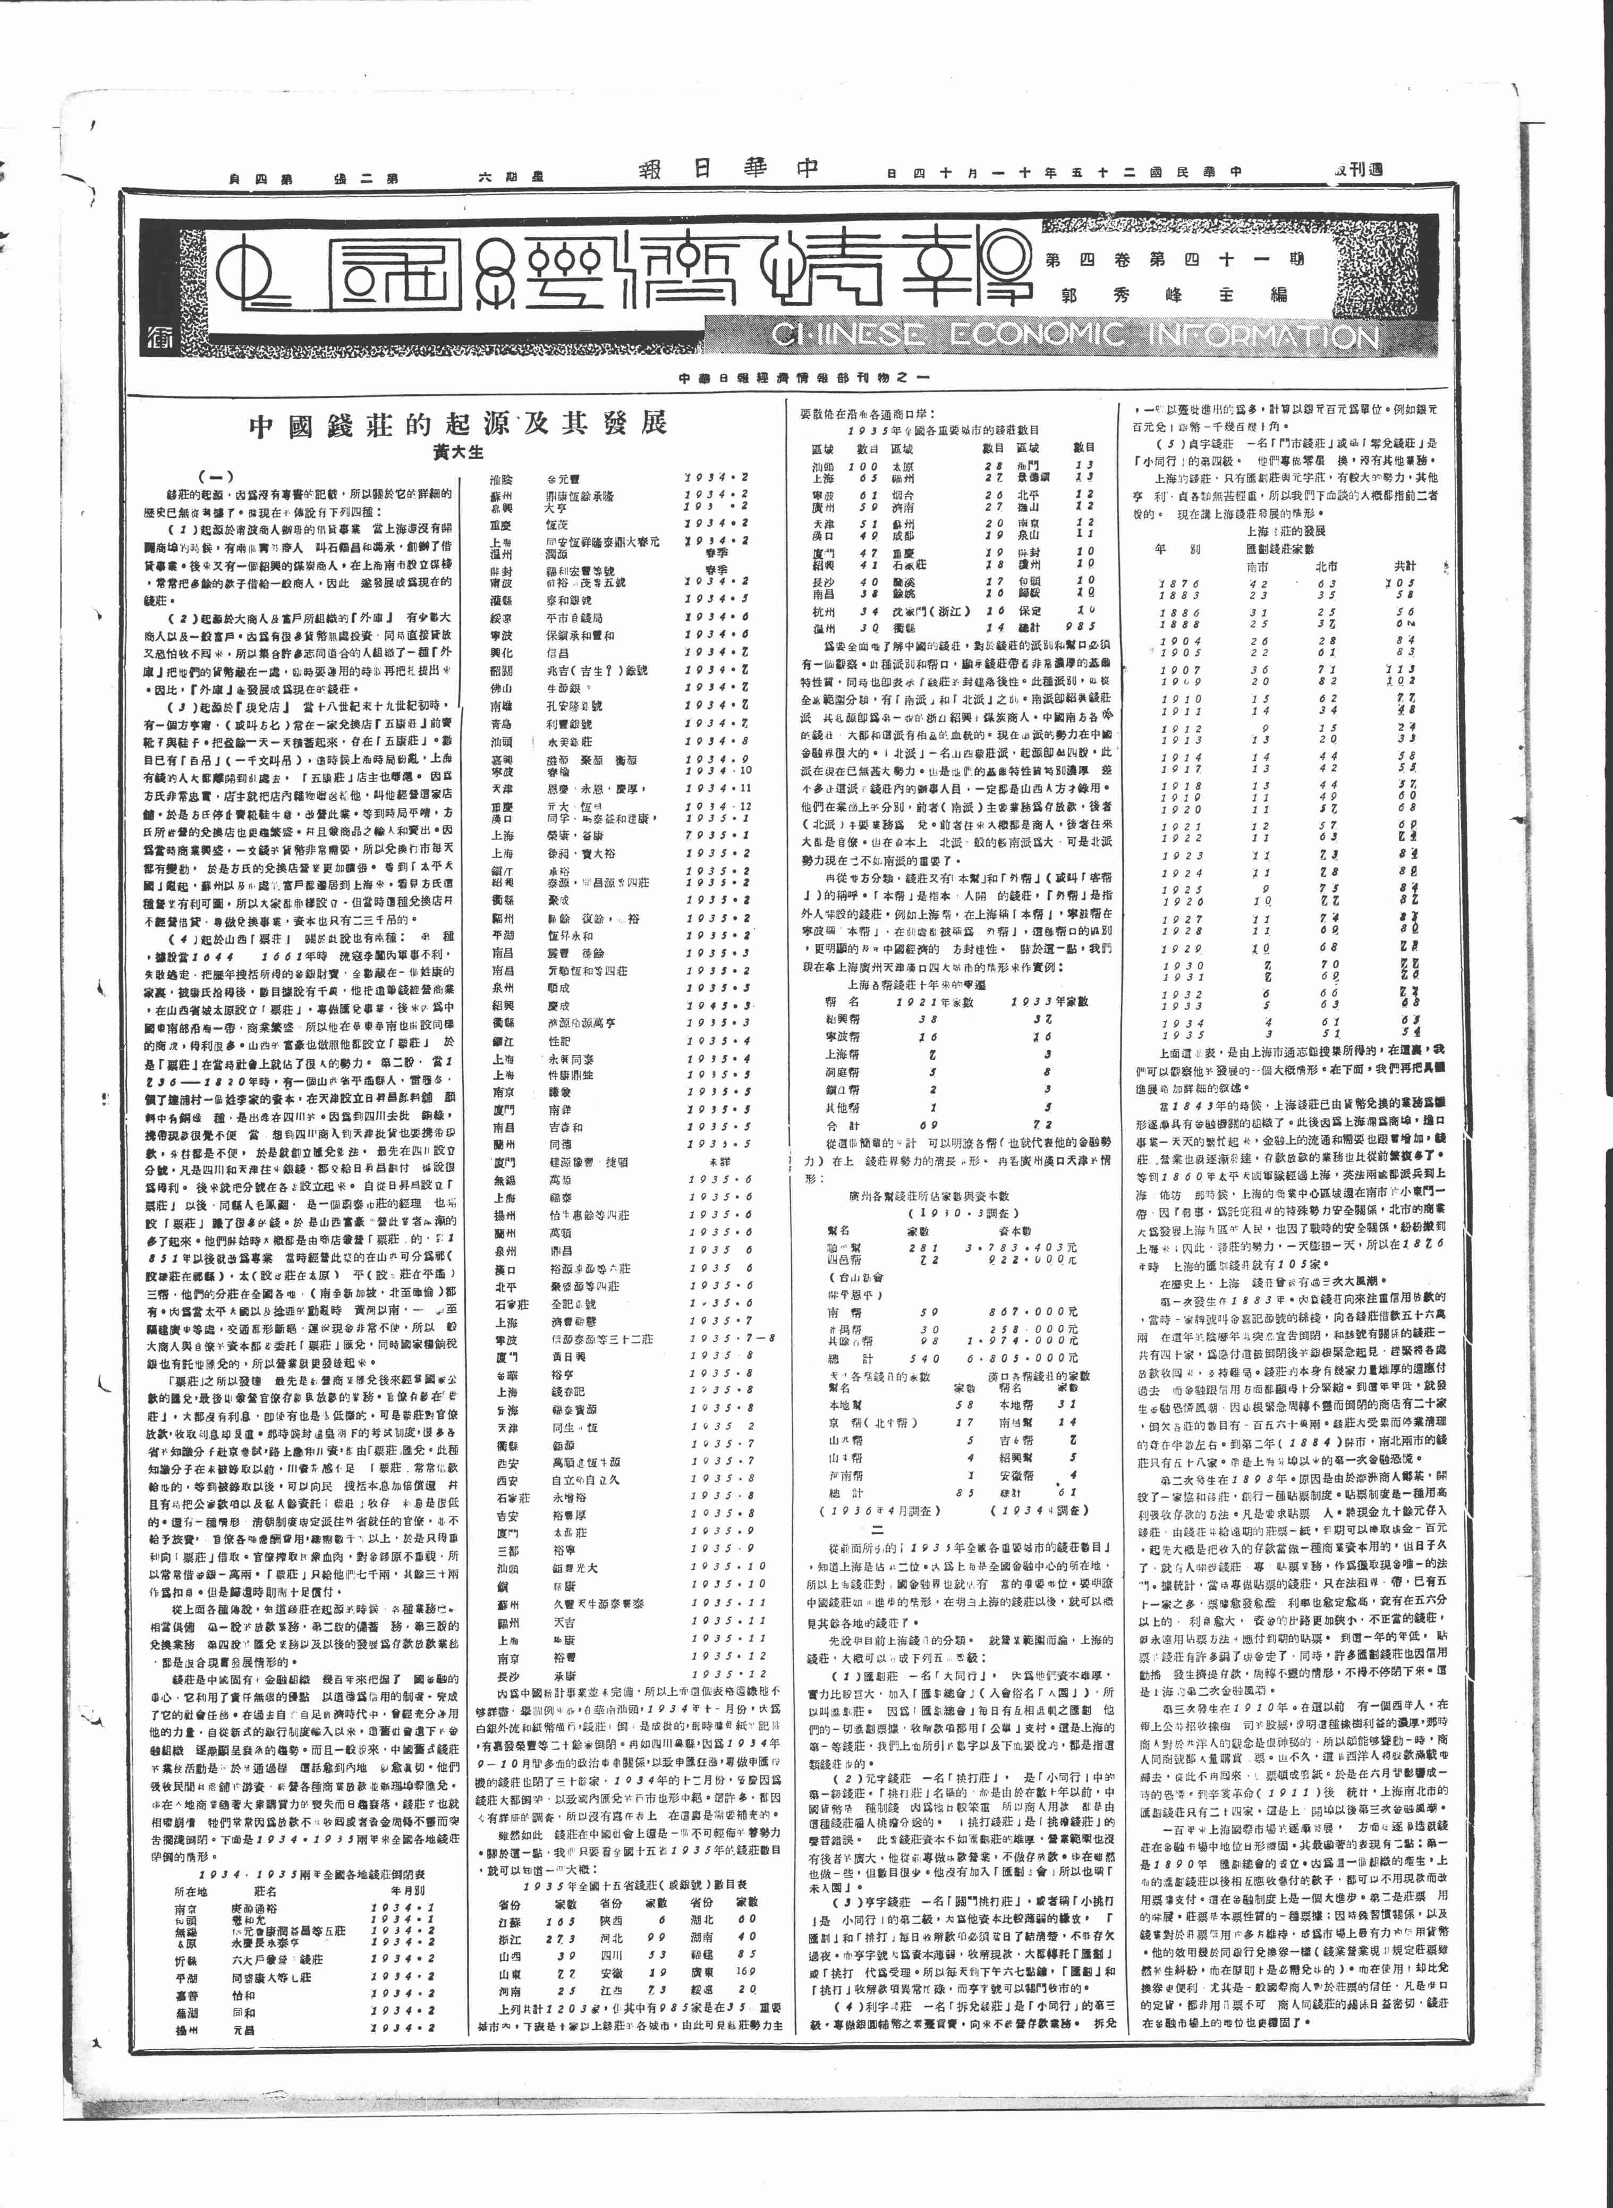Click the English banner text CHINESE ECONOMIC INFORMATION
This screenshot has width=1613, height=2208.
[x=1074, y=336]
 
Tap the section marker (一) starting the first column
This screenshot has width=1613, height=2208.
[x=217, y=478]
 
